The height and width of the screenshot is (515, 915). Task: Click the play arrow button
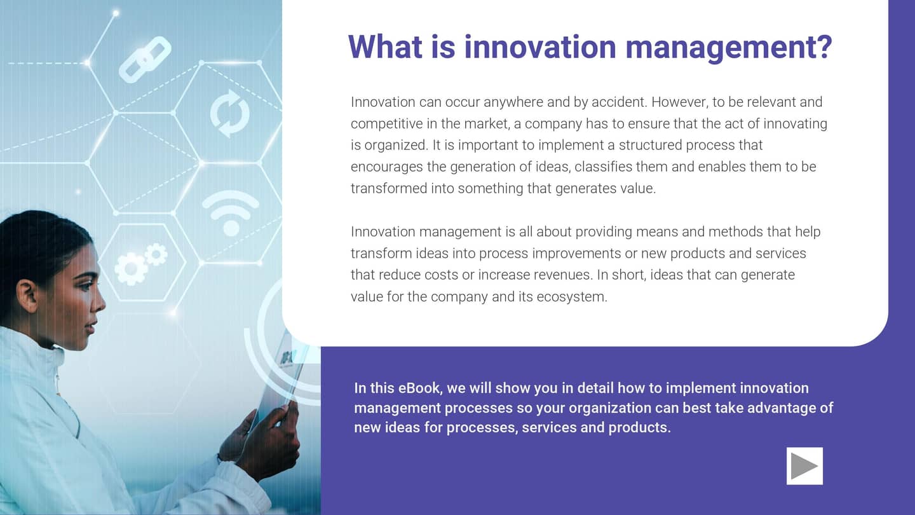804,466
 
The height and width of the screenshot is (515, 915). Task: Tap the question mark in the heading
823,46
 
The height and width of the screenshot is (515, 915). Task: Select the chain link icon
145,60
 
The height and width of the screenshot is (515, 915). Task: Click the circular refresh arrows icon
229,113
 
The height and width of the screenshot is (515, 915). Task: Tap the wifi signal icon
230,212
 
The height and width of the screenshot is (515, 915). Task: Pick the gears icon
140,263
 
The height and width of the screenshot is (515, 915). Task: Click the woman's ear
28,295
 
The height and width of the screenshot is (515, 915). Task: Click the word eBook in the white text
419,388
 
